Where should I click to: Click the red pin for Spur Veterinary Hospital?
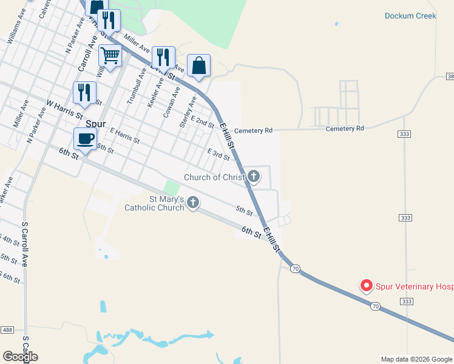pos(367,285)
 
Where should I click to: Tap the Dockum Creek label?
pos(411,16)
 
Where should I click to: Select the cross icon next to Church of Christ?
pos(254,177)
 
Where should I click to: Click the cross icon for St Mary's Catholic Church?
pos(193,202)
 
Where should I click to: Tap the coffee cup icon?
pos(85,138)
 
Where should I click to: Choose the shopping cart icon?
pos(110,55)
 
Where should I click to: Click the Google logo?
pos(20,356)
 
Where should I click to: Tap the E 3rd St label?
pos(219,155)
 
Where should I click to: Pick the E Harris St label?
pos(124,136)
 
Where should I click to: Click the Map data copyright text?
pos(416,359)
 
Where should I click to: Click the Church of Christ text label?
pos(214,177)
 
